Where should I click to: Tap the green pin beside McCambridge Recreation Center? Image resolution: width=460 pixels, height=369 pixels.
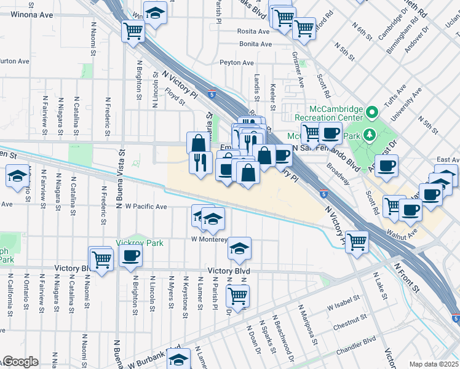point(371,113)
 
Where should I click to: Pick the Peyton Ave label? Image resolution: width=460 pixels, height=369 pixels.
point(237,63)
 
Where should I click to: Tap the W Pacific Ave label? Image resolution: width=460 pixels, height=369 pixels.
point(146,207)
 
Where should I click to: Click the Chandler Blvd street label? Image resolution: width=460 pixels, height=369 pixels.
point(357,341)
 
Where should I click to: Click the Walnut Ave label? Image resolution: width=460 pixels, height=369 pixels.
point(403,233)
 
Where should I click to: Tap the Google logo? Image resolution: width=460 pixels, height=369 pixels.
point(20,362)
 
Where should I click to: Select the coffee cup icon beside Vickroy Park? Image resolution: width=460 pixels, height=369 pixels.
point(130,256)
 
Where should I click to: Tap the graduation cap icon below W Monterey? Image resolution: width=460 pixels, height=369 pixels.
point(239,248)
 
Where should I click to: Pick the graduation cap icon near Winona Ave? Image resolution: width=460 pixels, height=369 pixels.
point(156,12)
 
